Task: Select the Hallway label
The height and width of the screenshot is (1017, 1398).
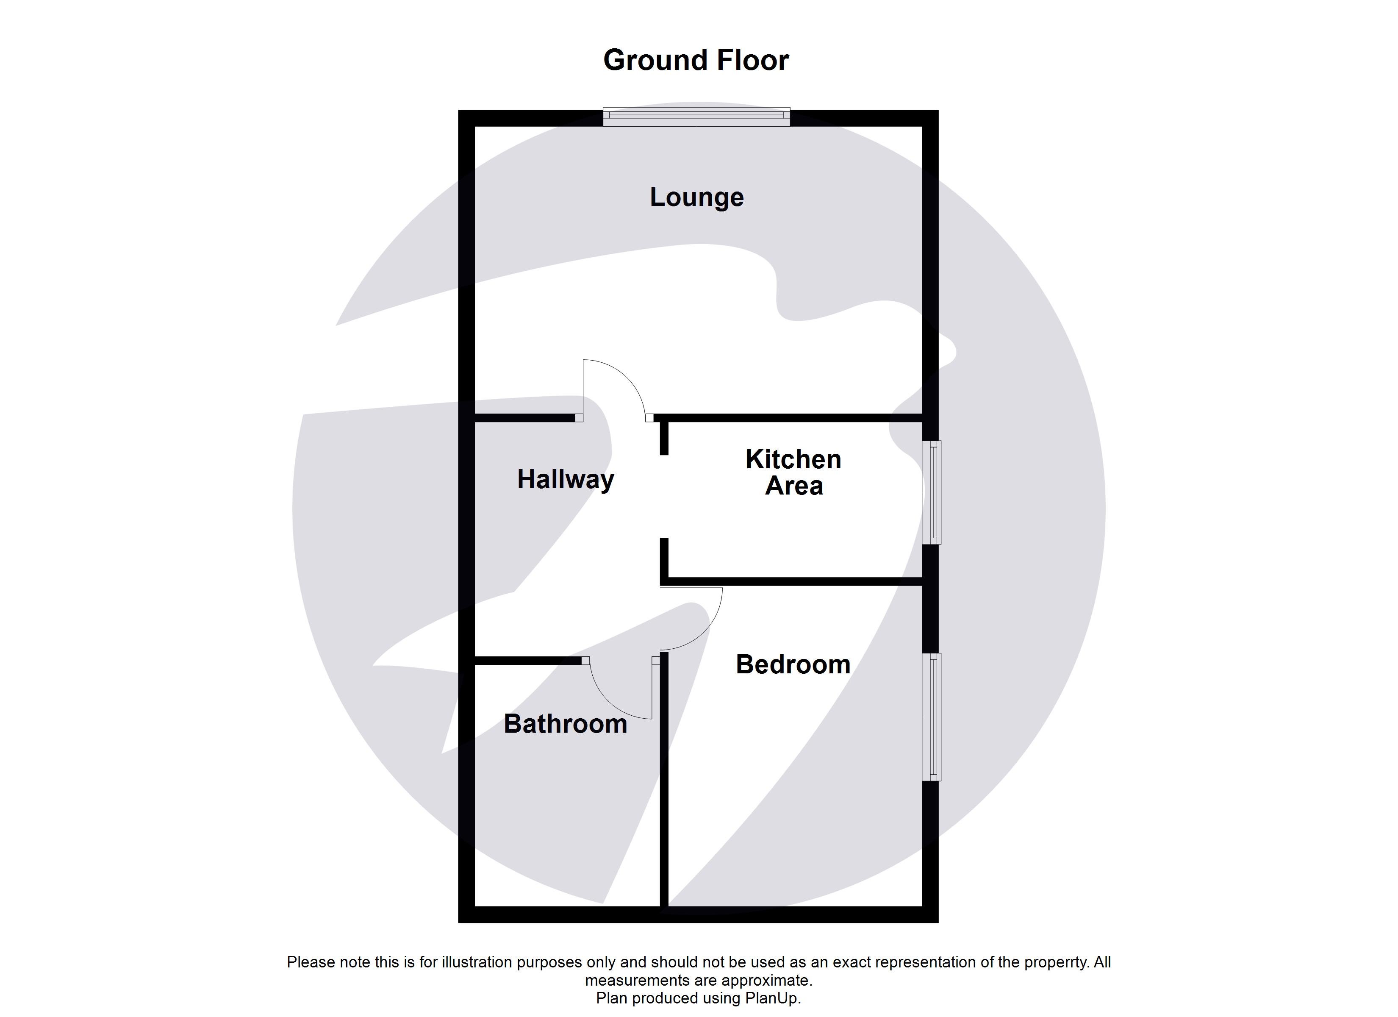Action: pyautogui.click(x=565, y=480)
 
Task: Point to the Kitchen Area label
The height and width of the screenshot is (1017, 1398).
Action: pyautogui.click(x=793, y=472)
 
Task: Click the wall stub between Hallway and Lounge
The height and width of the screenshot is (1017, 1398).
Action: pyautogui.click(x=524, y=417)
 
